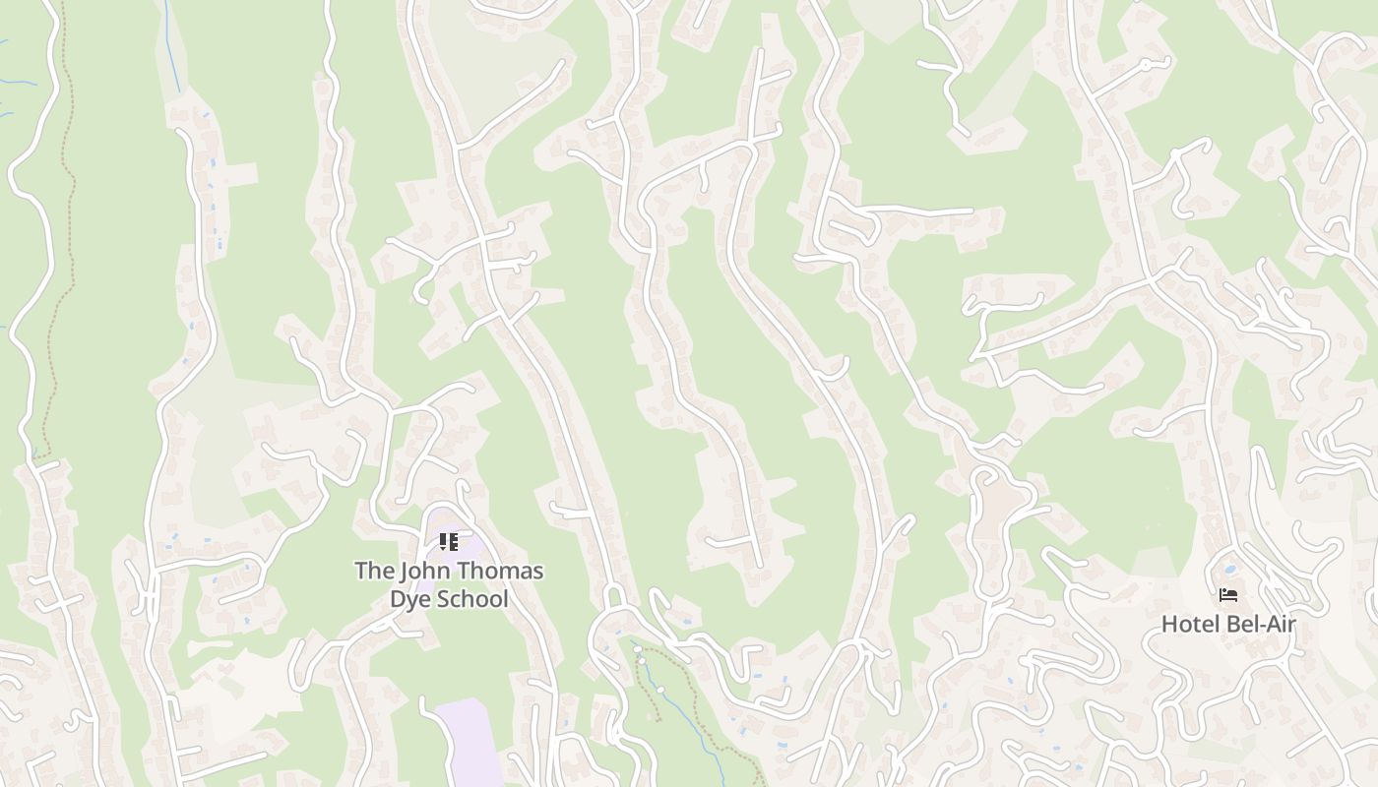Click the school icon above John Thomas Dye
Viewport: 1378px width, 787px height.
449,541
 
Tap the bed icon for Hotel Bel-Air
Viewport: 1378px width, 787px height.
1228,594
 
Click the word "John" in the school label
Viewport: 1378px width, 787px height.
423,571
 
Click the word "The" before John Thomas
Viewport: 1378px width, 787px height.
373,571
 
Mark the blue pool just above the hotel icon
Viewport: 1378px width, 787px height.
1228,569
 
